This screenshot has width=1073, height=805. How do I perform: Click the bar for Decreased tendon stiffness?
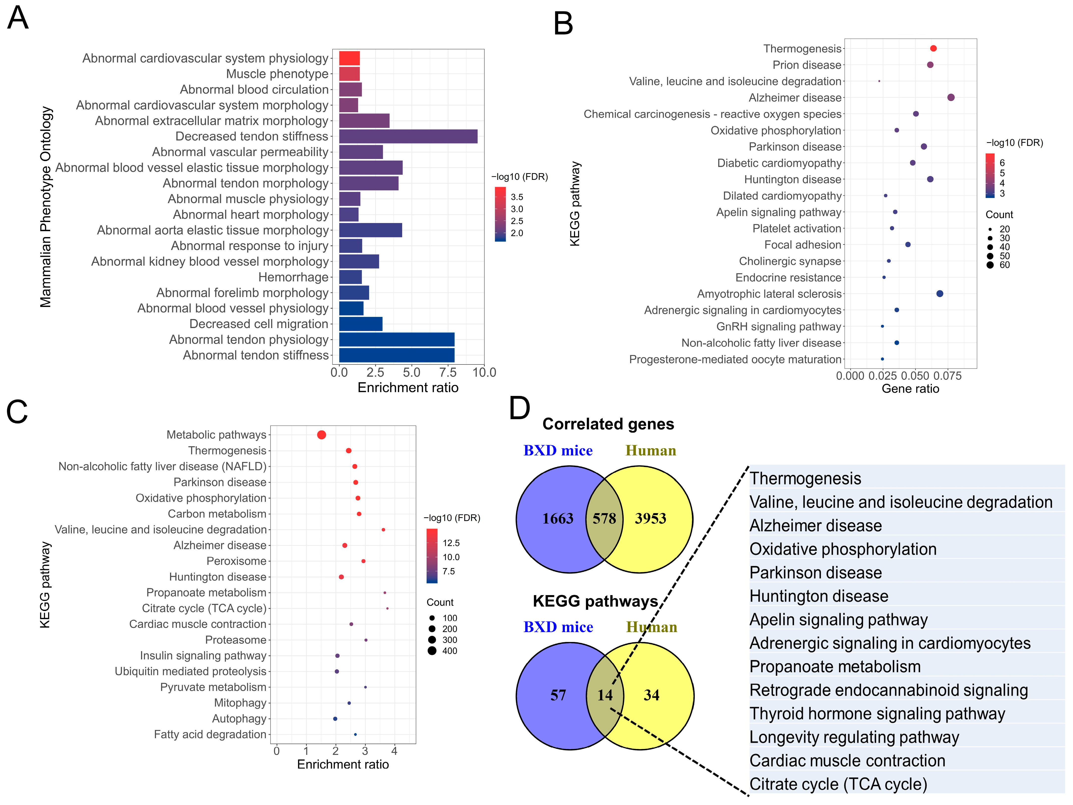tap(408, 136)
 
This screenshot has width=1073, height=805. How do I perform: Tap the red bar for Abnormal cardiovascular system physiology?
tap(349, 58)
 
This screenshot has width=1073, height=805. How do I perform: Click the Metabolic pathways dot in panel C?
tap(321, 435)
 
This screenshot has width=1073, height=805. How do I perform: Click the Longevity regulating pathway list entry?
tap(854, 737)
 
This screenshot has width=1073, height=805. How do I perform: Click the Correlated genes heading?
tap(608, 424)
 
